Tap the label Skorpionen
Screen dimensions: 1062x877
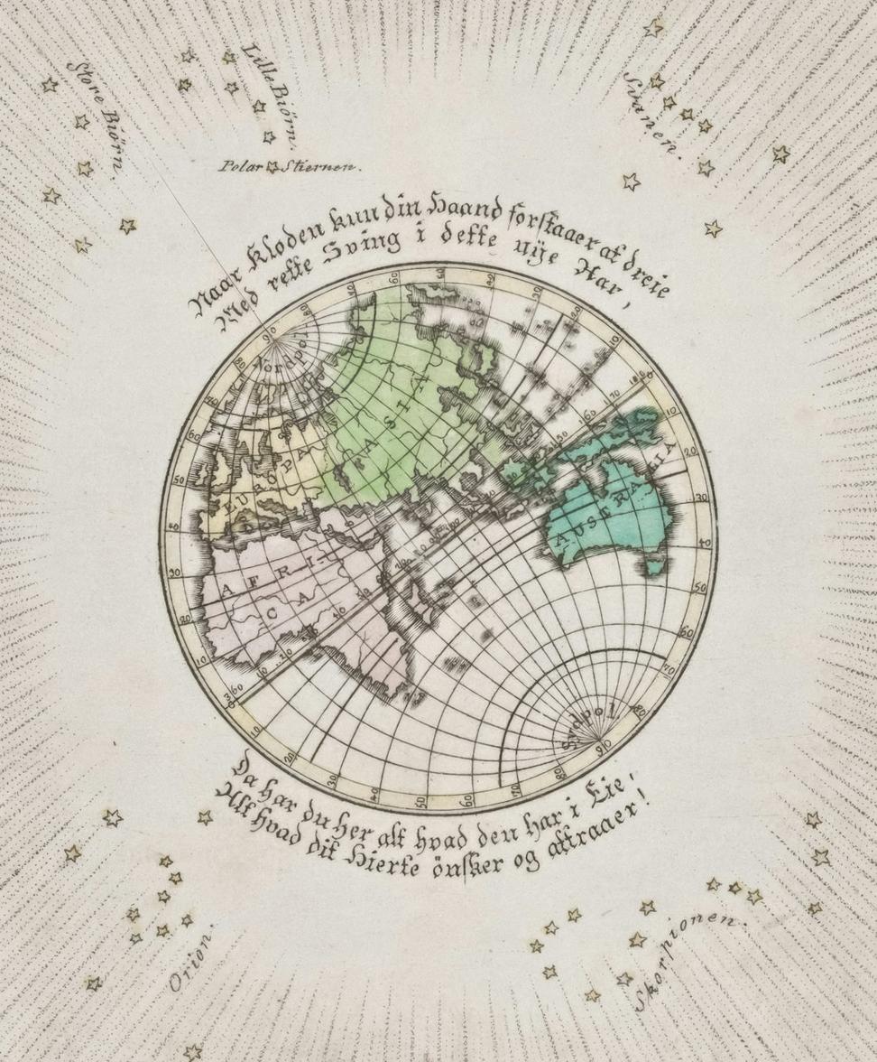coord(690,960)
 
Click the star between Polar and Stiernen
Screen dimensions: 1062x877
coord(272,166)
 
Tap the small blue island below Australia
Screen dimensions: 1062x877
coord(655,566)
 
